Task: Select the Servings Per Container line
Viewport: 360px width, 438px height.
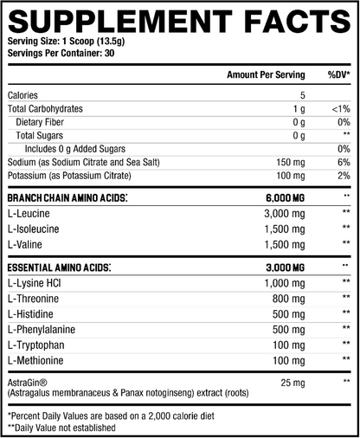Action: pos(61,55)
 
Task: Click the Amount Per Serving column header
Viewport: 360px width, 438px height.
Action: pos(266,75)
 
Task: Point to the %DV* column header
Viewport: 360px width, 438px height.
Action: pos(337,75)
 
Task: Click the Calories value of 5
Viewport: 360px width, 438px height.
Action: pos(303,95)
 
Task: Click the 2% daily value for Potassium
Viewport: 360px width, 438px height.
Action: pos(343,176)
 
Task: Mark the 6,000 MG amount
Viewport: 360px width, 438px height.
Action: pos(286,198)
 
